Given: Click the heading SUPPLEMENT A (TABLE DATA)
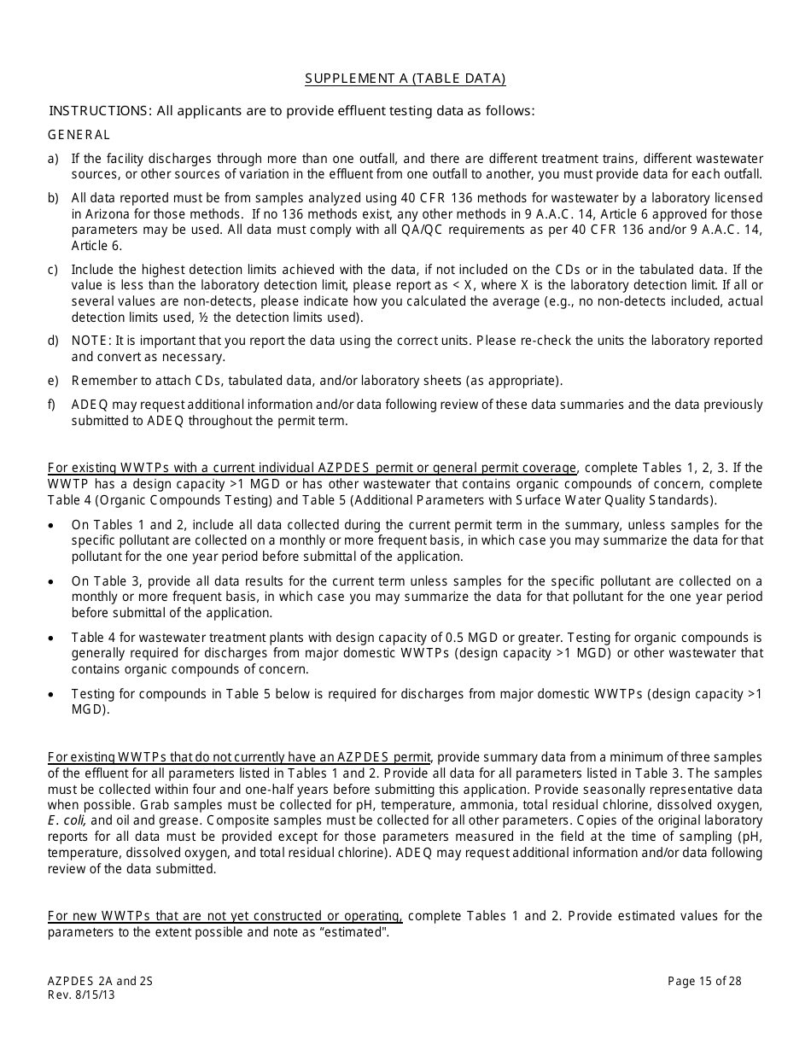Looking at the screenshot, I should tap(405, 79).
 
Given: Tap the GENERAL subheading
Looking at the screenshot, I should tap(79, 135).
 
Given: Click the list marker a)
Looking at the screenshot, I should tap(54, 159).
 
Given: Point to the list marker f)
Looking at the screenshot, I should tap(53, 405).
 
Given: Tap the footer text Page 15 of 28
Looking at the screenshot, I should tap(704, 981).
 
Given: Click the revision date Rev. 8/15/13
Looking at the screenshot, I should tap(81, 995).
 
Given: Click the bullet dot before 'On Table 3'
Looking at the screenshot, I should tap(53, 581).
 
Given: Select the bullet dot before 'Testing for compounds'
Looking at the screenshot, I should tap(53, 694).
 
